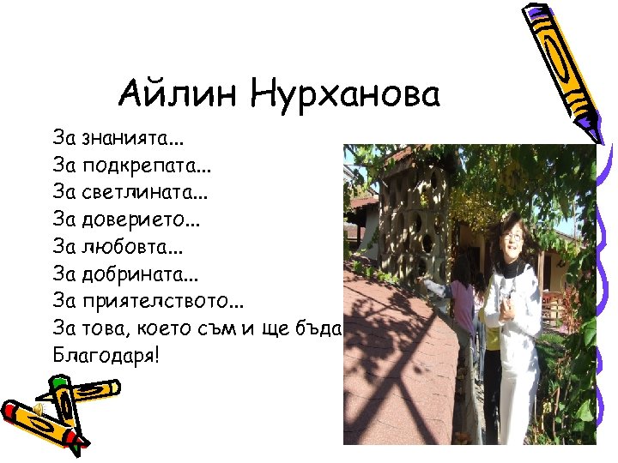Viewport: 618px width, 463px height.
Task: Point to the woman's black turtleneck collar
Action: pyautogui.click(x=512, y=267)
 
